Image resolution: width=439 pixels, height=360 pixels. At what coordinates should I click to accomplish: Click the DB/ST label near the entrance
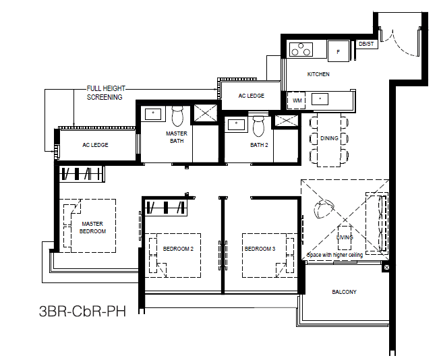click(366, 44)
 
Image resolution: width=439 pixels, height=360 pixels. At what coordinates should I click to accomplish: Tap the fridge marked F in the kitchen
click(339, 51)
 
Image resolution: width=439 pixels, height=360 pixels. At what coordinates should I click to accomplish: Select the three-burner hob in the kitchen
click(301, 49)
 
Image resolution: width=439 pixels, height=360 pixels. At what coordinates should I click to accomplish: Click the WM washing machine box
click(297, 100)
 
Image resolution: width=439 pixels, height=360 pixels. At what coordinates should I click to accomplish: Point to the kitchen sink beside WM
click(320, 99)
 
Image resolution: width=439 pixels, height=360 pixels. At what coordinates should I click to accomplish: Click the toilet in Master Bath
click(177, 116)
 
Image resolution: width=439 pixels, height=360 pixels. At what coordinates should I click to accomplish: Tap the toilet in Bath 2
click(258, 125)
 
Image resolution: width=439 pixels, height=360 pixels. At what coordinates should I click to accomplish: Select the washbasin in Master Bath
click(153, 114)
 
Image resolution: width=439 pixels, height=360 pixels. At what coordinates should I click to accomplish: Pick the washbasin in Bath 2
click(236, 124)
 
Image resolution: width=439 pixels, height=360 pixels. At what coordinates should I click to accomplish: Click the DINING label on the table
click(329, 138)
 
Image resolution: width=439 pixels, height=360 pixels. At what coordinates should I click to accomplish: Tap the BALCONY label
click(344, 292)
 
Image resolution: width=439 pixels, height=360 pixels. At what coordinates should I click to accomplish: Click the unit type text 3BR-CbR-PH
click(82, 311)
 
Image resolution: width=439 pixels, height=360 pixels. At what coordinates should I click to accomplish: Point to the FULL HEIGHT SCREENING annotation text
click(106, 93)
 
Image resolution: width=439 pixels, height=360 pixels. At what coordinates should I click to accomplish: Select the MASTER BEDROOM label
click(92, 228)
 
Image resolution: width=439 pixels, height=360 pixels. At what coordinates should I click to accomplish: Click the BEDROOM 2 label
click(178, 249)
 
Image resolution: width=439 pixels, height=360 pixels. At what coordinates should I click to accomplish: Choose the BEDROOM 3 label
click(260, 249)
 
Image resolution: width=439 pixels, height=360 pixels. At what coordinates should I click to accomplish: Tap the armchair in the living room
click(324, 208)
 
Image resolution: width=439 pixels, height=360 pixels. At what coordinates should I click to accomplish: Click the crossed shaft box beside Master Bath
click(206, 113)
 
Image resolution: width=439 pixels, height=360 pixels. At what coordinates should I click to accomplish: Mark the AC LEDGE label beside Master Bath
click(95, 145)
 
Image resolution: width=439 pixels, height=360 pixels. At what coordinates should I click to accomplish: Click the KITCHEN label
click(318, 74)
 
